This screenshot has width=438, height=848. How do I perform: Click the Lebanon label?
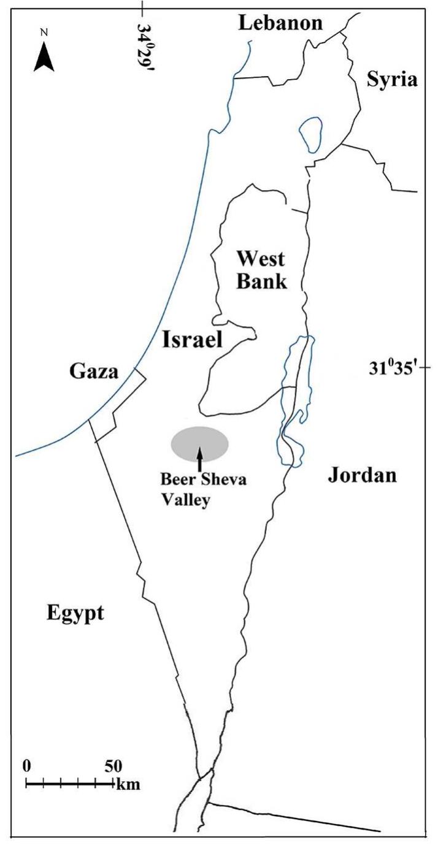click(281, 23)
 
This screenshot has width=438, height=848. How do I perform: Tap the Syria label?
click(391, 79)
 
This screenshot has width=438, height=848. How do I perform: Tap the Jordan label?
click(363, 475)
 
